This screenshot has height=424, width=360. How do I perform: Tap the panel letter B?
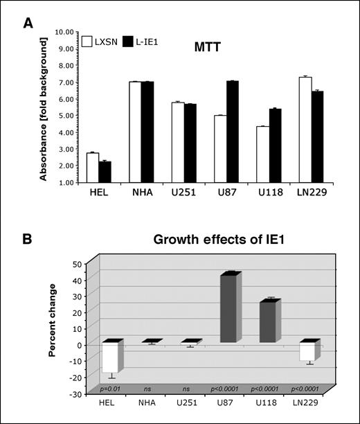tap(28, 239)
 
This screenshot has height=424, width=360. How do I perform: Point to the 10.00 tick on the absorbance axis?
tap(64, 32)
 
